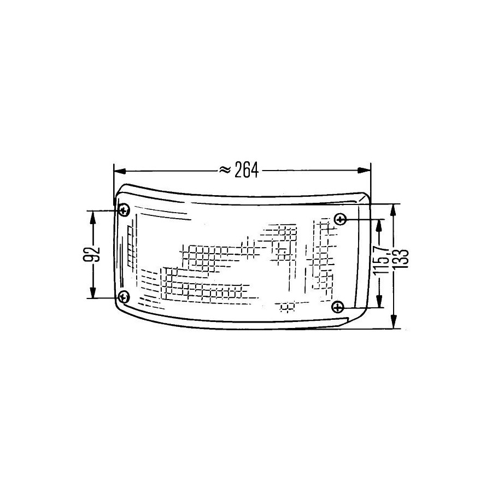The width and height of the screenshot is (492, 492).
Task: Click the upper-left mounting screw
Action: [x=124, y=210]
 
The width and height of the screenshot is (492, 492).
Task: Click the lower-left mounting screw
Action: [x=124, y=296]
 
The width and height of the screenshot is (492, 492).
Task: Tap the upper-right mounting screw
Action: [x=341, y=219]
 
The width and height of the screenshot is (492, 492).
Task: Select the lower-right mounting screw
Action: [x=338, y=307]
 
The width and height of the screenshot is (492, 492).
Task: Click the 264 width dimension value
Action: [x=247, y=171]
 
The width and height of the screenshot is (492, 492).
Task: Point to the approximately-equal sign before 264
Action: [x=225, y=170]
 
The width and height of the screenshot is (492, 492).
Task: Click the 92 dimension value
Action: [x=92, y=254]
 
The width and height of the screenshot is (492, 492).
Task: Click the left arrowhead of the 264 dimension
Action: [x=120, y=171]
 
